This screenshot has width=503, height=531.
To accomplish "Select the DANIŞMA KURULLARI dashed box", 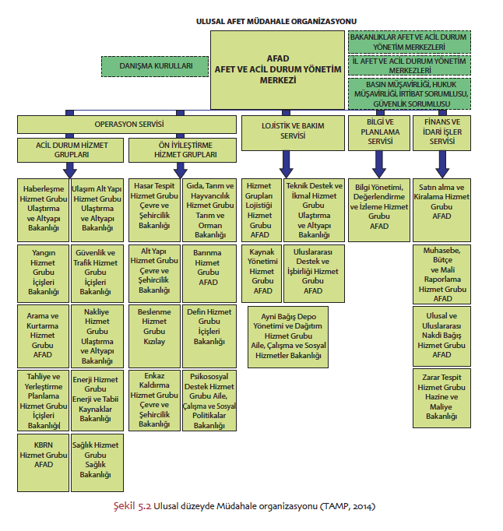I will pos(155,67).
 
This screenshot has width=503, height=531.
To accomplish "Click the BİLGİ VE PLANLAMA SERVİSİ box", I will pos(379,132).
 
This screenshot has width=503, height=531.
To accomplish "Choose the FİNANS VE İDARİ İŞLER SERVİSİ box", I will pos(441,132).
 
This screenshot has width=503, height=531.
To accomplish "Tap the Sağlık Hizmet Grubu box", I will pos(96,459).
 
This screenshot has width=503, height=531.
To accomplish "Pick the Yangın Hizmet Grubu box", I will pos(43,272).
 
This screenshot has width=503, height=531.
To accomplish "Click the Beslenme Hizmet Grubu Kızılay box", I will pos(153,325).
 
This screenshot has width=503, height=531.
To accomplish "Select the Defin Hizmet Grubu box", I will pos(208,325).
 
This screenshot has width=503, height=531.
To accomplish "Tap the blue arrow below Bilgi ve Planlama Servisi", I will pos(379,163).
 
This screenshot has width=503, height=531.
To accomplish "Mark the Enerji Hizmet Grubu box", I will pos(96,398).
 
